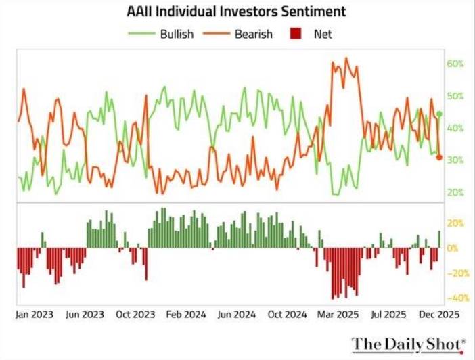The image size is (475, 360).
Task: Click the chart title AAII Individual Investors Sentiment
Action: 236,12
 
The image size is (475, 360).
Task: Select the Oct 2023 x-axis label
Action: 136,315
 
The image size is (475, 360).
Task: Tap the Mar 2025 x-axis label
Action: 337,315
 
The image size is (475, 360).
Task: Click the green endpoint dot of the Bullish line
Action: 439,114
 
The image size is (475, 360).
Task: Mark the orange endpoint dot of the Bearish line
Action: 439,157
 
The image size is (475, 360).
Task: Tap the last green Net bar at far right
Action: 439,240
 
